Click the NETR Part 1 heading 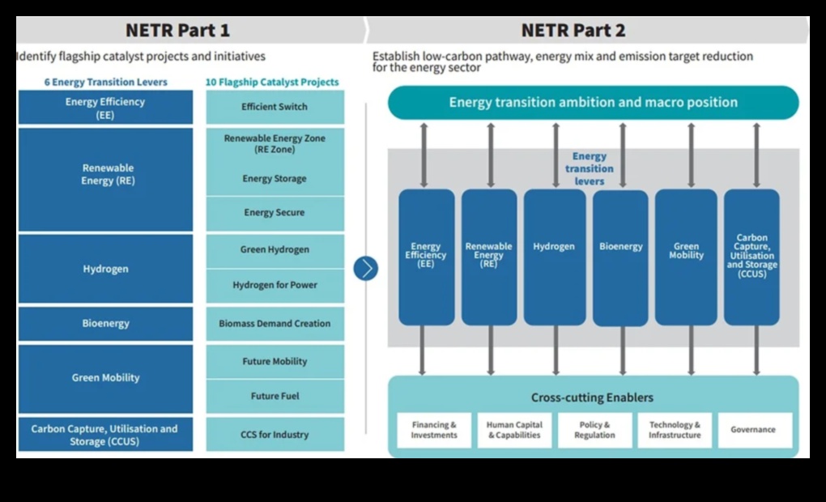click(x=177, y=31)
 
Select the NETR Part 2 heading click(x=573, y=31)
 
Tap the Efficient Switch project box click(x=275, y=107)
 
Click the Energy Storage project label click(x=275, y=179)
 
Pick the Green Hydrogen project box click(x=275, y=250)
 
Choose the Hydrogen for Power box click(x=275, y=285)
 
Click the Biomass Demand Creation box click(x=275, y=324)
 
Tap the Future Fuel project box click(x=275, y=397)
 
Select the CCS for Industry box click(x=275, y=435)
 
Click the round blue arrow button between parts click(x=366, y=268)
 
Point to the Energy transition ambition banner click(x=593, y=103)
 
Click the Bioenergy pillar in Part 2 click(x=620, y=257)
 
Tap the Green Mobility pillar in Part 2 click(x=686, y=257)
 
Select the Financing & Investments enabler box click(x=434, y=430)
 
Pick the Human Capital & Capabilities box click(x=514, y=430)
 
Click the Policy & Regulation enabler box click(x=594, y=430)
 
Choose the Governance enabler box click(x=753, y=430)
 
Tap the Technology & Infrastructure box click(x=674, y=430)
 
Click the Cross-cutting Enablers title click(x=592, y=398)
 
